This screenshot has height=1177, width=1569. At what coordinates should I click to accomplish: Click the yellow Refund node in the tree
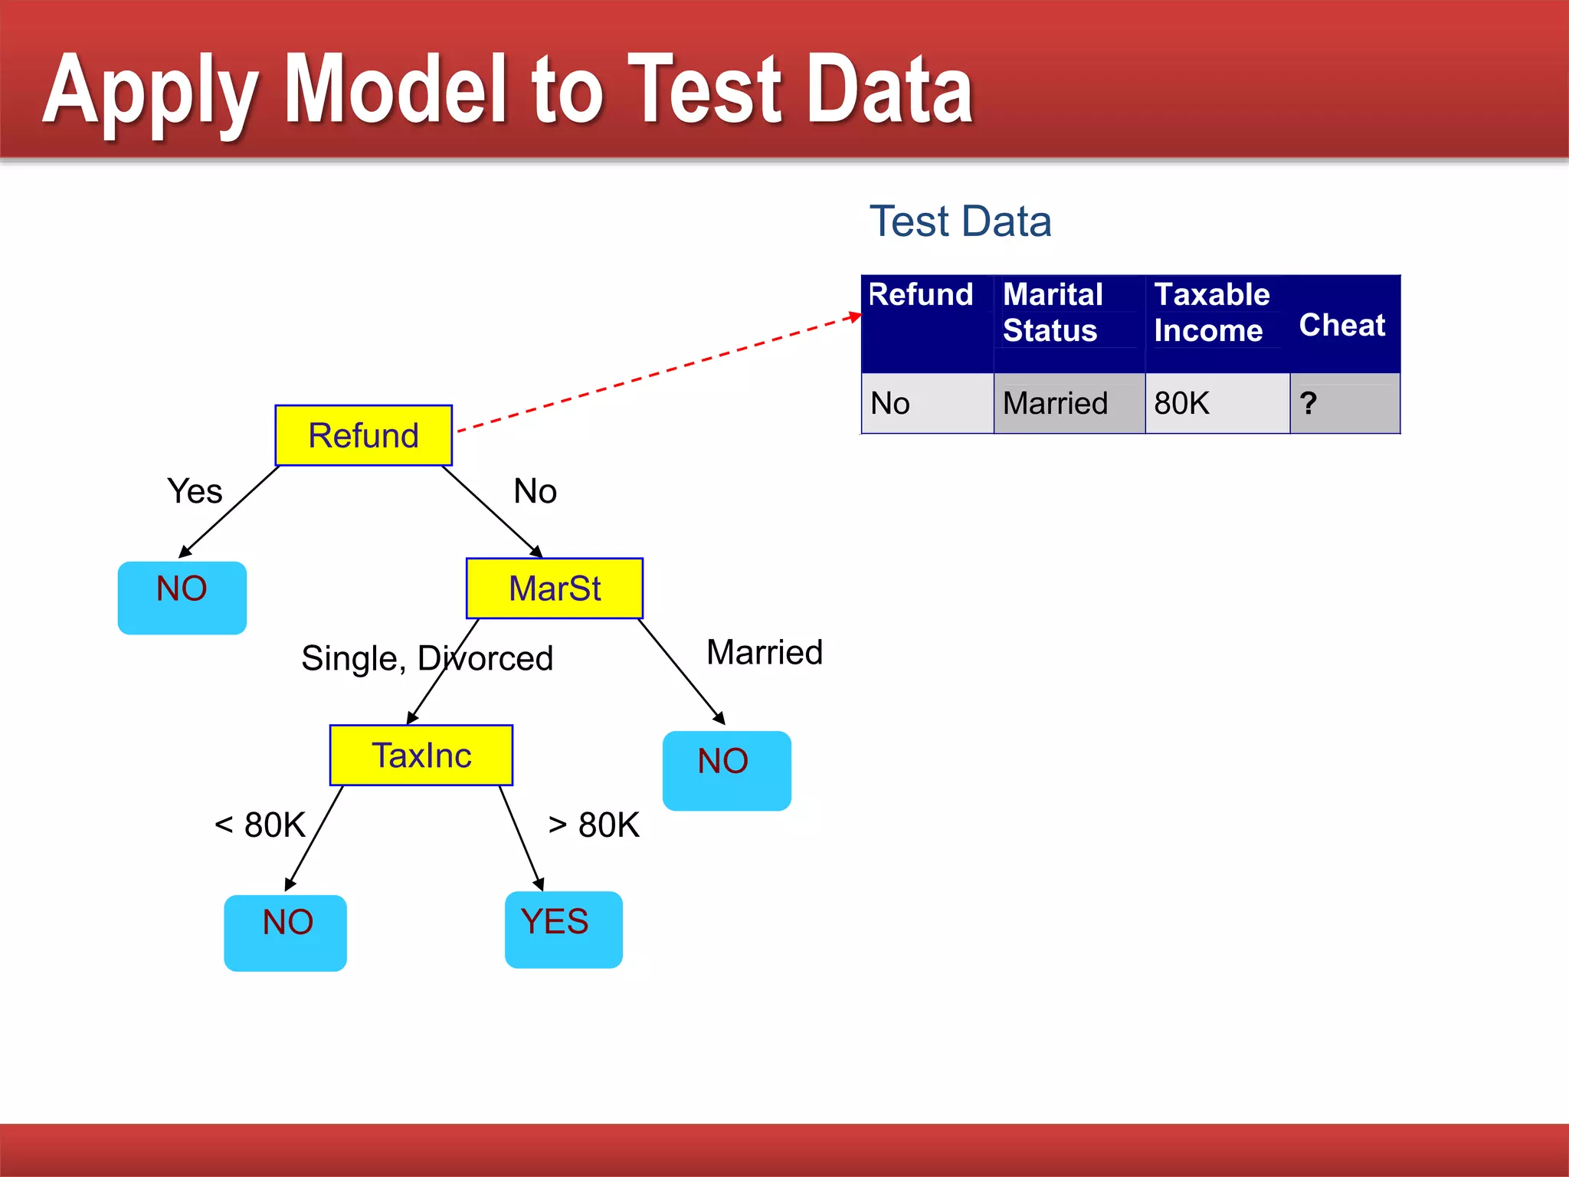coord(363,435)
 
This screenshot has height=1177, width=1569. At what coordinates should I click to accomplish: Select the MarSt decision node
coord(555,588)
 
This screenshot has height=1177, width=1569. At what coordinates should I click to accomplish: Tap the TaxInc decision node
coord(421,756)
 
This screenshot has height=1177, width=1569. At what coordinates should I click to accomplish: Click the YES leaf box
coord(563,929)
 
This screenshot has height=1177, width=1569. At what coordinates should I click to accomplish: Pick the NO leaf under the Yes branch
coord(182,598)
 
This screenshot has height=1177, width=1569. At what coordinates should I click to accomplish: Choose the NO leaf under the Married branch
coord(726,769)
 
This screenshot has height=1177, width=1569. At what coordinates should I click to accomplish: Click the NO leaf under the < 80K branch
coord(285,932)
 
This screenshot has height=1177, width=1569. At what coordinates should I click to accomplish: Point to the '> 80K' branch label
coord(594,825)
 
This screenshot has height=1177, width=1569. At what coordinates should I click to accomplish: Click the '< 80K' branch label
coord(260,825)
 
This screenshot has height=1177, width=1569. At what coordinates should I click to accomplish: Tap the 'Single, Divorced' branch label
coord(427,658)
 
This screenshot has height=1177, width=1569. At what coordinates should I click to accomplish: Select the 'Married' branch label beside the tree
coord(764,653)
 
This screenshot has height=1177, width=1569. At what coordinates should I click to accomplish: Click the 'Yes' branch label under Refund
coord(195,491)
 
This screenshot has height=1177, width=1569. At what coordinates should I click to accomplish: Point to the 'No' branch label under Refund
coord(535,491)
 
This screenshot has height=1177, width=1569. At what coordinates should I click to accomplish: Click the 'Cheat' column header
coord(1342,325)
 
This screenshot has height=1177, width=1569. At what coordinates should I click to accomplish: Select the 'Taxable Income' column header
coord(1211,313)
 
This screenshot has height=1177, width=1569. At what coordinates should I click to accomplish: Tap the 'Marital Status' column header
coord(1053,313)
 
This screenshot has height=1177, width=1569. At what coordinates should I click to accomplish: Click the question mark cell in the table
coord(1309,403)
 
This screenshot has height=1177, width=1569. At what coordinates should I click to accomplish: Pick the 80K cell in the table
coord(1182,403)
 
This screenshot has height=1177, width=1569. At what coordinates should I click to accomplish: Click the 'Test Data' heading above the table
coord(960,221)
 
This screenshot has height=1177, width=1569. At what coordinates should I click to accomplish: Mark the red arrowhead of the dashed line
coord(856,316)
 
